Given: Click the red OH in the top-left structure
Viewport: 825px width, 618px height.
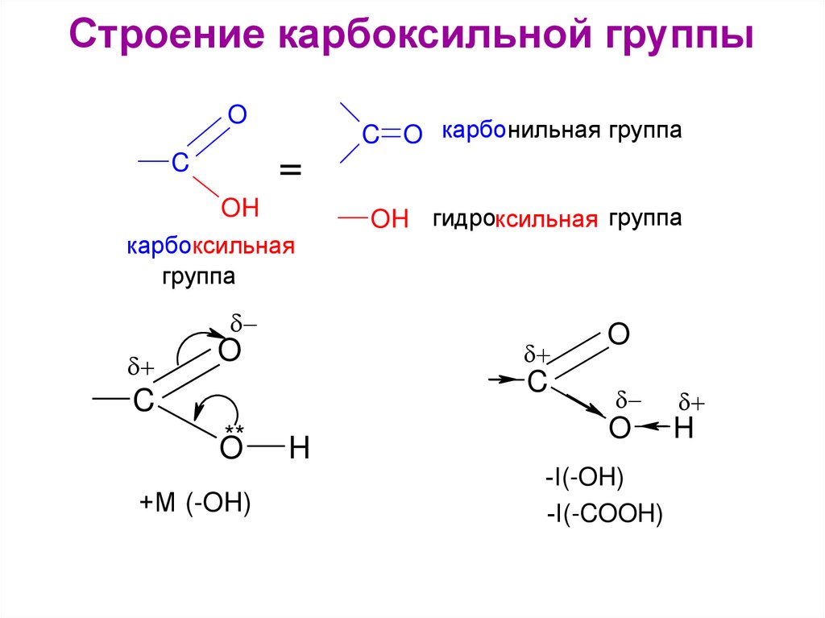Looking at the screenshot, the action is [239, 209].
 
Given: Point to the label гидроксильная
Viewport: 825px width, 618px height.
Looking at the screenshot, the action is [516, 219].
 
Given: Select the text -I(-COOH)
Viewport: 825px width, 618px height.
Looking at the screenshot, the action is [603, 512].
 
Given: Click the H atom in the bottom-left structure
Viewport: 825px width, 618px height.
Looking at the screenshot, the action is [299, 449].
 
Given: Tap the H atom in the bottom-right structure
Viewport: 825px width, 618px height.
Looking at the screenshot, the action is [683, 428].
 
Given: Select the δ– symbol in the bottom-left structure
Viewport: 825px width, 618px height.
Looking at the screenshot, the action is [244, 325].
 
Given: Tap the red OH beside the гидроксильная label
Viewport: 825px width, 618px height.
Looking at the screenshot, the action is [390, 219].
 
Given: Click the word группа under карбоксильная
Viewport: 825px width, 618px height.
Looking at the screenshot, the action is [198, 277].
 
